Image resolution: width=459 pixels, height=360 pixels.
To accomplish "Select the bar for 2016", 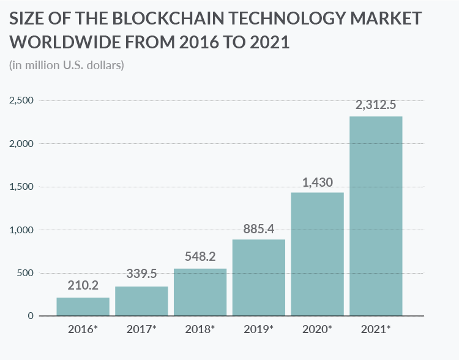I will pos(83,307).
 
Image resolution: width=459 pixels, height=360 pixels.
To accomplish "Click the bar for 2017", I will pos(141,301).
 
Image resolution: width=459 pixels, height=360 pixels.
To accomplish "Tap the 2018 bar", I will pos(200,292).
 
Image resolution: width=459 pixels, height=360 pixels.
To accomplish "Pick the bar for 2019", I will pos(258,277).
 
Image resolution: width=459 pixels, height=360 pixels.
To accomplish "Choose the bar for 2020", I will pos(317,254).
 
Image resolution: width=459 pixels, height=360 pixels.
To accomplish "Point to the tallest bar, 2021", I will pos(376,216).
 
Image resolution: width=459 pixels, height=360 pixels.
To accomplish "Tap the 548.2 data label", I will pos(200,257).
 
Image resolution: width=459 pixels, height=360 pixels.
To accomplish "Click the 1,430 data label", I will pos(317,182).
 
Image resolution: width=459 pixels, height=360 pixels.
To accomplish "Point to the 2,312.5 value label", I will pos(376,105).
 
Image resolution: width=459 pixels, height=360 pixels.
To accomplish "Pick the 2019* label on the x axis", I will pos(258,329).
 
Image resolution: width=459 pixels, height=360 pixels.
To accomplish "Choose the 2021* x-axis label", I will pos(376,329).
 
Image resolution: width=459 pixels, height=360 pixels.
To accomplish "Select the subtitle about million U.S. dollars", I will pos(67,64).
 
